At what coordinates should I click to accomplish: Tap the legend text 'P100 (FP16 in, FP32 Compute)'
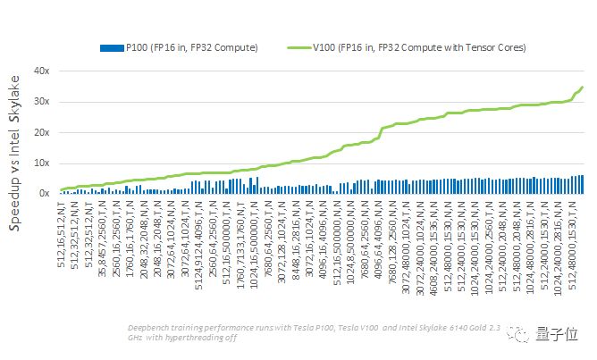click(192, 46)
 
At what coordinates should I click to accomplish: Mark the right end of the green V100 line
click(582, 88)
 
